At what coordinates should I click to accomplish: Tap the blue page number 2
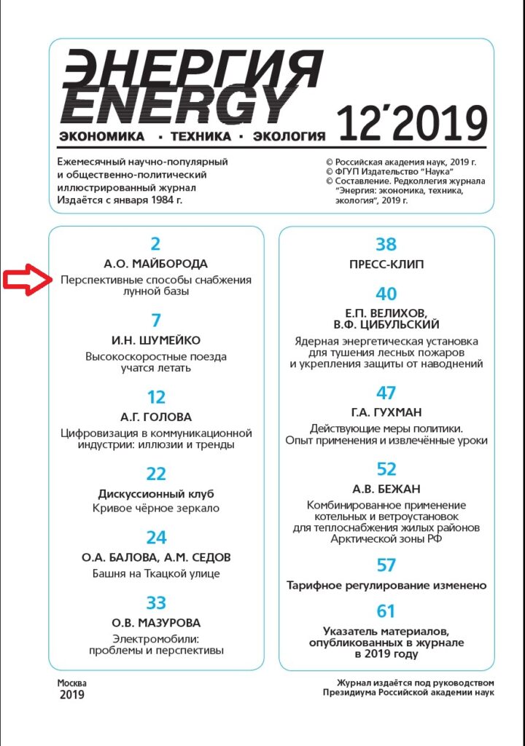(155, 245)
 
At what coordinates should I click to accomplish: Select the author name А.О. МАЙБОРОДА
(156, 264)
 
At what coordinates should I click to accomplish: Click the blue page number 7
(156, 321)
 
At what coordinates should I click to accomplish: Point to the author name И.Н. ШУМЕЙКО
(156, 340)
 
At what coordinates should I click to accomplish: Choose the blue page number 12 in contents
(156, 398)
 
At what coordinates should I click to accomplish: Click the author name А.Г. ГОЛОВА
(156, 417)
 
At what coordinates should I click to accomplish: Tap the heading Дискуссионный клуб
(156, 493)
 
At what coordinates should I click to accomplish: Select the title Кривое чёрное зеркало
(156, 508)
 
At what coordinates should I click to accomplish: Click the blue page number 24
(156, 538)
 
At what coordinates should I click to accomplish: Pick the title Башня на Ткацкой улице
(156, 573)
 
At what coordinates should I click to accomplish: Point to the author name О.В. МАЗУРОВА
(156, 623)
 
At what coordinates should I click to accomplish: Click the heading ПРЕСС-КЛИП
(386, 264)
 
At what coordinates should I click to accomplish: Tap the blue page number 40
(386, 294)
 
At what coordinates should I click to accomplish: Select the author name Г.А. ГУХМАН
(386, 413)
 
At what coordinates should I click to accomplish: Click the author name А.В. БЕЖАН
(386, 489)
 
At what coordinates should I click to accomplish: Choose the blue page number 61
(386, 610)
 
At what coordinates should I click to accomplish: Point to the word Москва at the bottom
(72, 683)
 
